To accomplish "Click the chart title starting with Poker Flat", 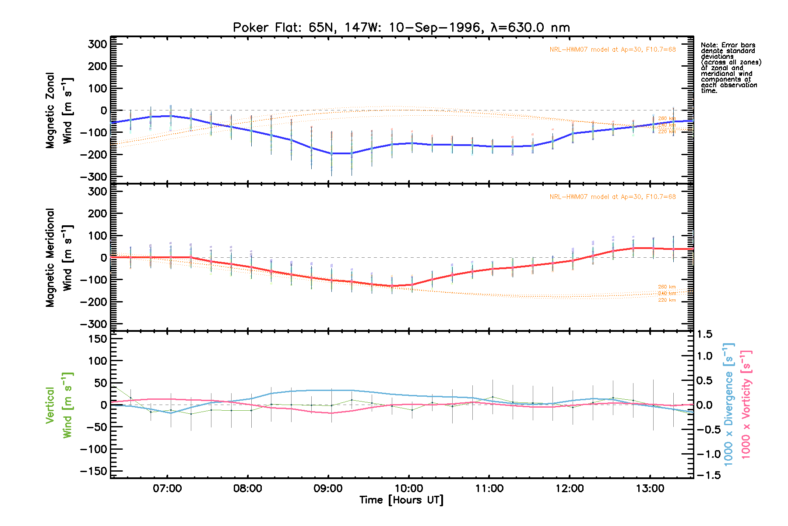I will [x=401, y=28].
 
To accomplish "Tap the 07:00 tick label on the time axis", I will [x=167, y=488].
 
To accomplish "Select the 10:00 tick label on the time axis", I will [x=408, y=488].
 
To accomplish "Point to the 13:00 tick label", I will [x=650, y=488].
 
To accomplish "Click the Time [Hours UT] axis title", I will [x=401, y=500].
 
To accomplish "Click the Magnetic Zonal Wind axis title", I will [x=59, y=110].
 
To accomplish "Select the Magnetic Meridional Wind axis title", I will [x=59, y=258].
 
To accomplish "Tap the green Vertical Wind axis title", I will [x=59, y=405].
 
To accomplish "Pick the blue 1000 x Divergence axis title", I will [x=728, y=404].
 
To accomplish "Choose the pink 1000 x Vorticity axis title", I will [x=746, y=404].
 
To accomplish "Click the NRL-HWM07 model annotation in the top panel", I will [x=612, y=50].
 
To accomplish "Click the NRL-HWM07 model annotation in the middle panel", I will [x=612, y=197].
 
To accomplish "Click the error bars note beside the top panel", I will [x=730, y=68].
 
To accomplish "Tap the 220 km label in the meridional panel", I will [x=667, y=300].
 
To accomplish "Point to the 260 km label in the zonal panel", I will [x=667, y=118].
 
